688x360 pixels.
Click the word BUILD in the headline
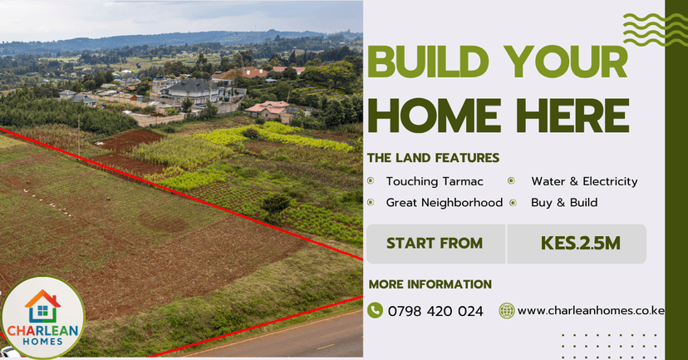(x=425, y=63)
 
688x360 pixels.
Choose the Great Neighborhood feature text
(x=444, y=202)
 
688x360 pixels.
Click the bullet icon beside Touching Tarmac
(x=371, y=181)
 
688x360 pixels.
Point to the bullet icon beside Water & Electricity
(x=513, y=181)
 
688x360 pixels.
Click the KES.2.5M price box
(x=580, y=244)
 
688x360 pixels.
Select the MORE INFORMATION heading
(x=430, y=284)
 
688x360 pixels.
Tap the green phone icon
(x=375, y=310)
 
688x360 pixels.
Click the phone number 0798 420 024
(x=435, y=311)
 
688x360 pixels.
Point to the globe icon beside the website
(x=507, y=311)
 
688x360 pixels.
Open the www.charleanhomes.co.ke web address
(x=591, y=311)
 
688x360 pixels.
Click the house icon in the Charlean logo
(x=42, y=305)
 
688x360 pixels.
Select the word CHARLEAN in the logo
(x=42, y=329)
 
